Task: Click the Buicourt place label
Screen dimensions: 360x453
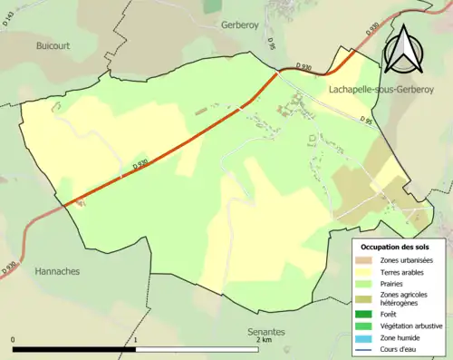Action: pyautogui.click(x=52, y=44)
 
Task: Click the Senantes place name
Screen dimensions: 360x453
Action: pyautogui.click(x=267, y=333)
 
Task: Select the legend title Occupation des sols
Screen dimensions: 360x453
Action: pyautogui.click(x=395, y=247)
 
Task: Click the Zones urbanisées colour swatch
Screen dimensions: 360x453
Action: pyautogui.click(x=366, y=261)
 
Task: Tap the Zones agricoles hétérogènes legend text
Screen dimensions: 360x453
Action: pyautogui.click(x=405, y=298)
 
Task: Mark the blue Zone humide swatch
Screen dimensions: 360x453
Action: pyautogui.click(x=366, y=337)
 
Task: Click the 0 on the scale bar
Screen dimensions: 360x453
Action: pyautogui.click(x=14, y=341)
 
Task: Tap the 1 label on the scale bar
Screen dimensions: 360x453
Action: pyautogui.click(x=136, y=341)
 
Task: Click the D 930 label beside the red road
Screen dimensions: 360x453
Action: pyautogui.click(x=140, y=165)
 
